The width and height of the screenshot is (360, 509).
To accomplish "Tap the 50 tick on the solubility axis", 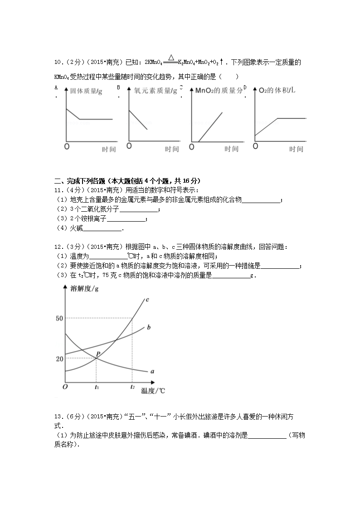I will (59, 319).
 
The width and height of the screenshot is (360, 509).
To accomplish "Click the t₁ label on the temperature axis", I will (97, 387).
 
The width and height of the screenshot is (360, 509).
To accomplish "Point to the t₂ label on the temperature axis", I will (132, 387).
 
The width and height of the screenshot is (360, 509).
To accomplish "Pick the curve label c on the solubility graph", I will (148, 300).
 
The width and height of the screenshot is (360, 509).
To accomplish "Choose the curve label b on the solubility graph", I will (149, 327).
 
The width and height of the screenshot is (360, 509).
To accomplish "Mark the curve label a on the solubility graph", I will (152, 371).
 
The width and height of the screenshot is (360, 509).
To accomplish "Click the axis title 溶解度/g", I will (85, 288).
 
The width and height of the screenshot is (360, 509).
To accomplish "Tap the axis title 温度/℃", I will (153, 390).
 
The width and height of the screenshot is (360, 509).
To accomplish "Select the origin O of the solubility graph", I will (65, 387).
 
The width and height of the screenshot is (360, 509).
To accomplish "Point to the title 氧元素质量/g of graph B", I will (156, 91).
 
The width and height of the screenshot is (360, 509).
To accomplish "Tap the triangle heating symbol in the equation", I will (171, 57).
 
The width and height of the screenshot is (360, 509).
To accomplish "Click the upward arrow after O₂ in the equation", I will (221, 62).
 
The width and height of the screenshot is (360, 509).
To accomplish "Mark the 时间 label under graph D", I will (297, 149).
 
